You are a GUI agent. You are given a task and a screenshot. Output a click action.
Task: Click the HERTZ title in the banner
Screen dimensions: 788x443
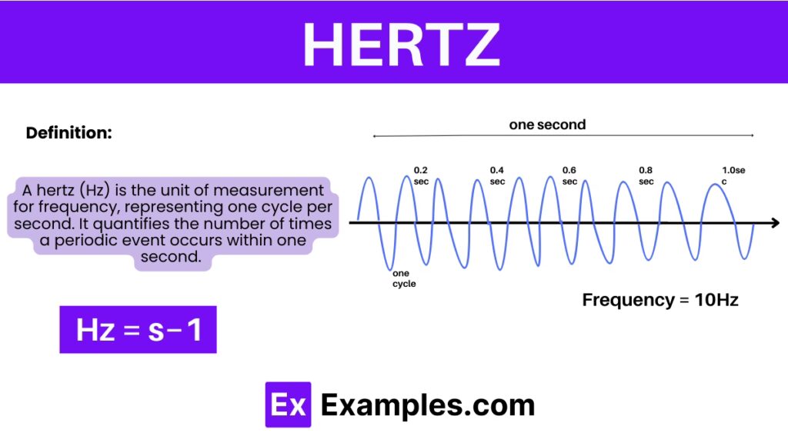(401, 45)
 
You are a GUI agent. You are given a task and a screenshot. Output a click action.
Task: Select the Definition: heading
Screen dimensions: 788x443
(68, 132)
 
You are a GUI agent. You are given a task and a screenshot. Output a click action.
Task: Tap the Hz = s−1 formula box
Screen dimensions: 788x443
(139, 329)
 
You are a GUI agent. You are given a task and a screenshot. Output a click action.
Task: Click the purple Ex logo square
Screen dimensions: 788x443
(288, 405)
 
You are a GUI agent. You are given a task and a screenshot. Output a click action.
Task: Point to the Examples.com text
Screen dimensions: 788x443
(428, 405)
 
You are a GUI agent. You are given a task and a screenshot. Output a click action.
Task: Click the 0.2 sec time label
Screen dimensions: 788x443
(421, 176)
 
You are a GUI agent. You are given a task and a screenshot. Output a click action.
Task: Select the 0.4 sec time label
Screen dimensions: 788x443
(497, 176)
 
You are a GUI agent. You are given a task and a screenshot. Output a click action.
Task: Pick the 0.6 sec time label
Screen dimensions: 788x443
(569, 176)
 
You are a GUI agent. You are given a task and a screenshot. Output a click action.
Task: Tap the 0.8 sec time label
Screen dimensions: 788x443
(646, 176)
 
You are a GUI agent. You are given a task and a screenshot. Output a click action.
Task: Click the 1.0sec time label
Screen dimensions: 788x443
(733, 176)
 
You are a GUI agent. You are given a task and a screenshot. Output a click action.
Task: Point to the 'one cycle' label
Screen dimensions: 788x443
(404, 278)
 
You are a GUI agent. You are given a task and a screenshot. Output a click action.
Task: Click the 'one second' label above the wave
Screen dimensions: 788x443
(547, 125)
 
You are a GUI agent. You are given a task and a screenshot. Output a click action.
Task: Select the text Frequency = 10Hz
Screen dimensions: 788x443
(660, 300)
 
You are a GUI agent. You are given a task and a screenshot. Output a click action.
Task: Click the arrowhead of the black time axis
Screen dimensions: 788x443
(775, 222)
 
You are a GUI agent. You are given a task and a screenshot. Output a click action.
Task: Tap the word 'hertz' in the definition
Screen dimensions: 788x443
(55, 190)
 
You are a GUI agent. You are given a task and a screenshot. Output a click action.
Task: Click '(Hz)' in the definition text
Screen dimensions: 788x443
(95, 191)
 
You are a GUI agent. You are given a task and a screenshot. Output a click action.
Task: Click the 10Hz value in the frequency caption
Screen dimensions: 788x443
(716, 300)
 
